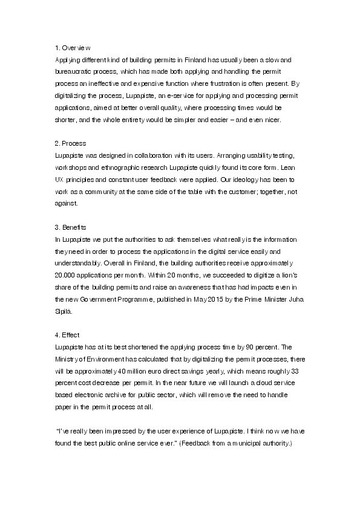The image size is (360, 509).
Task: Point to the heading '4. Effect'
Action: [x=67, y=334]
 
